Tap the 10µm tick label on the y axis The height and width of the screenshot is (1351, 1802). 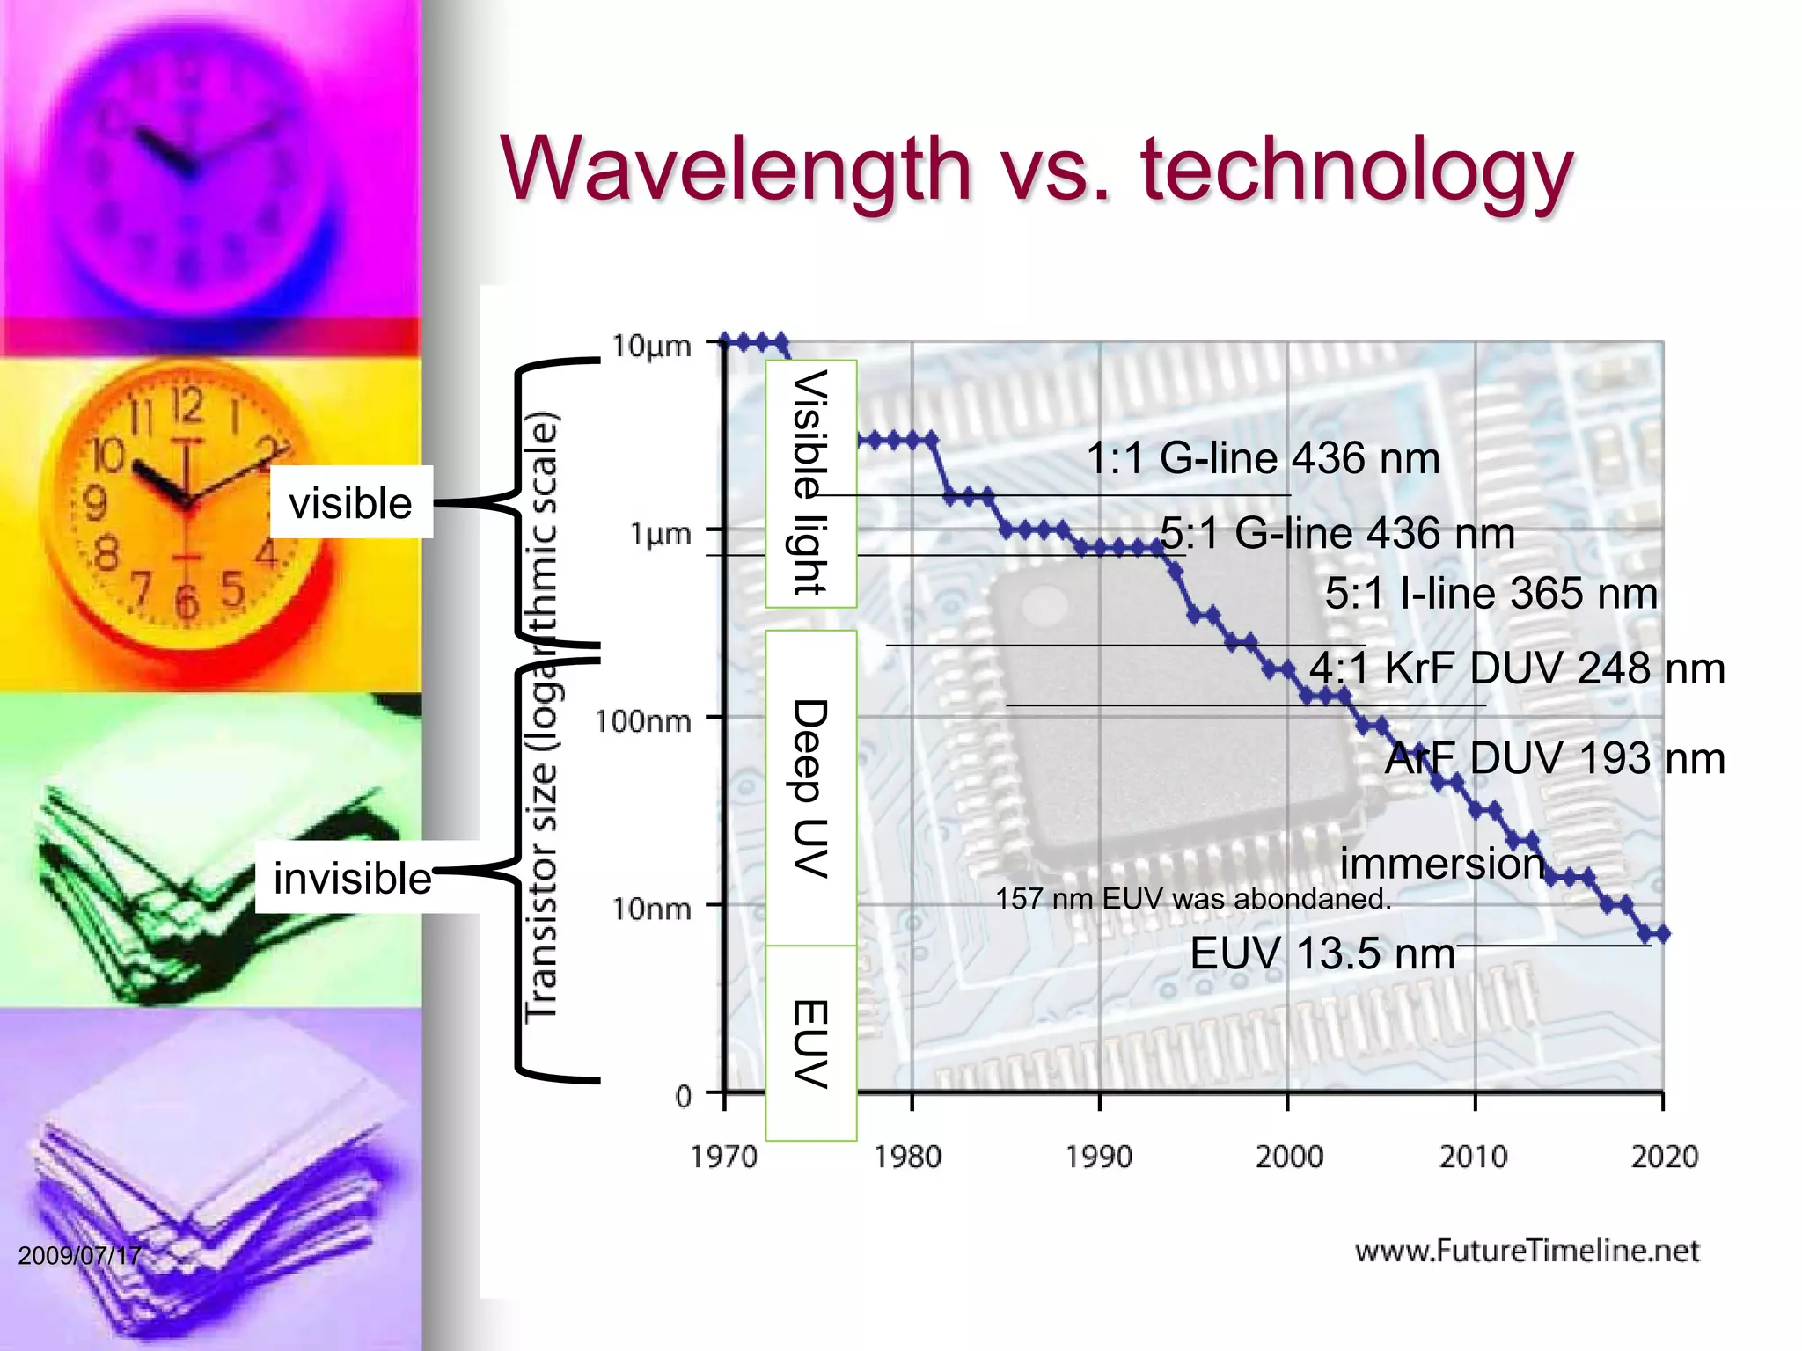(652, 346)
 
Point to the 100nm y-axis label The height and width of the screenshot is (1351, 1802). (643, 721)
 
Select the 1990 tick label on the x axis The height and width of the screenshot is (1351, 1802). (1099, 1156)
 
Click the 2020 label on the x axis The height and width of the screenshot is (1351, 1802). (1664, 1156)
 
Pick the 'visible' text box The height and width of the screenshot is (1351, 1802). (351, 503)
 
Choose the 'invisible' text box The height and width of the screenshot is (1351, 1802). (353, 878)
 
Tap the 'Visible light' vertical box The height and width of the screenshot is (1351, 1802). (810, 483)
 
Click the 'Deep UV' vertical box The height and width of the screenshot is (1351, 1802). (810, 787)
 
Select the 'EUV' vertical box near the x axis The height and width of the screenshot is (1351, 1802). (810, 1043)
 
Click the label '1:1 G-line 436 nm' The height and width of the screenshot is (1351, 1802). (1263, 458)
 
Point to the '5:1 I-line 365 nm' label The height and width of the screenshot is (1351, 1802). (1491, 593)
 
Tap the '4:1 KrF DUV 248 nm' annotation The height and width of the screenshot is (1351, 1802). (1516, 668)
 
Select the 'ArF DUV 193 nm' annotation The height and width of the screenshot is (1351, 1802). (1554, 758)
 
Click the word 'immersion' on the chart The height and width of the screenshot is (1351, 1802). (1442, 863)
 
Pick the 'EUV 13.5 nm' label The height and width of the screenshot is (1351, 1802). (1322, 953)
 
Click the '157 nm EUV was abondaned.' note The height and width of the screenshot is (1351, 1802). (1192, 899)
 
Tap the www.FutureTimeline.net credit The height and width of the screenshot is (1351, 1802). (1527, 1251)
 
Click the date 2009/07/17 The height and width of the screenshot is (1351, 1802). (79, 1255)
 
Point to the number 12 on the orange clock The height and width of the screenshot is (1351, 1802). (187, 405)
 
